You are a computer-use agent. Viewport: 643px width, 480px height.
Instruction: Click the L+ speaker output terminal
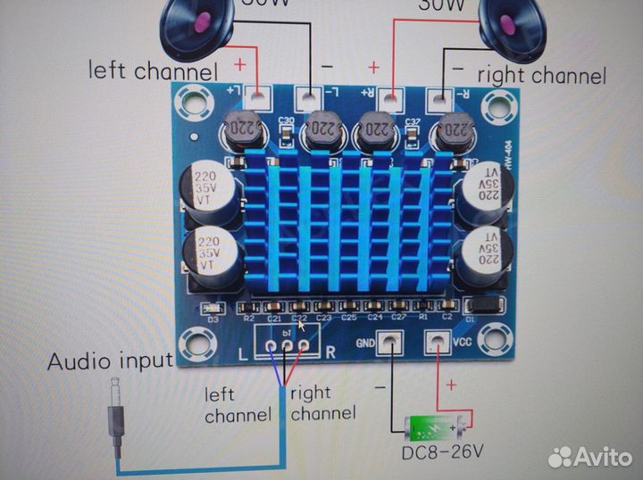coord(259,95)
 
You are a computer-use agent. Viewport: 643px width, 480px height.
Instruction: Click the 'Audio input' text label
coord(109,361)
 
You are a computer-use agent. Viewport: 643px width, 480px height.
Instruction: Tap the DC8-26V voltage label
coord(441,451)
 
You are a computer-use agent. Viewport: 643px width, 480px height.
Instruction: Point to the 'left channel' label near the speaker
coord(152,70)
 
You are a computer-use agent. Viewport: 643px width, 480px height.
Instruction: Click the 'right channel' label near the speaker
coord(541,75)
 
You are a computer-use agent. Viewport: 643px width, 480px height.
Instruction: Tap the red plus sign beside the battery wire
coord(450,385)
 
